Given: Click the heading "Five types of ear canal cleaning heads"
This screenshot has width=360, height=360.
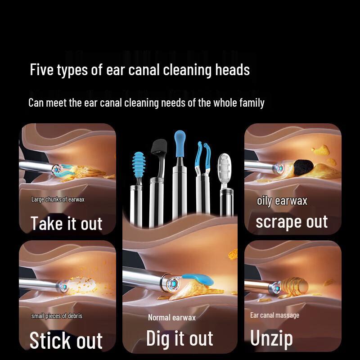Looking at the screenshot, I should pyautogui.click(x=139, y=70).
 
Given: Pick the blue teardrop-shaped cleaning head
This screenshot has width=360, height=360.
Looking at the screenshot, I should pyautogui.click(x=179, y=142).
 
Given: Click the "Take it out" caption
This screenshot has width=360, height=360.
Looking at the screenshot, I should pyautogui.click(x=67, y=223).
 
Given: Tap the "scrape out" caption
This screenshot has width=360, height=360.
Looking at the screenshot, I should pyautogui.click(x=292, y=222).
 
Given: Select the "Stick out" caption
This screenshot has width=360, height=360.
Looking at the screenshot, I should pyautogui.click(x=66, y=340).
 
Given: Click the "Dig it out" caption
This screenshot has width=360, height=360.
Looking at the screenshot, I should pyautogui.click(x=180, y=338).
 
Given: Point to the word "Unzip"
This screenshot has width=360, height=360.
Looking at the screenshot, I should pyautogui.click(x=271, y=338).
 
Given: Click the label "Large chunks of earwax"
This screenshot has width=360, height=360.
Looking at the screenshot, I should pyautogui.click(x=58, y=199).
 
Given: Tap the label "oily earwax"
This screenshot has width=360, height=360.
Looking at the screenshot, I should pyautogui.click(x=282, y=201).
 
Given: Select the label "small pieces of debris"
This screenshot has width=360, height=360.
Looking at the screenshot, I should pyautogui.click(x=57, y=316).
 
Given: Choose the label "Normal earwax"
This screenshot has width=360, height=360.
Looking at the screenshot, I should pyautogui.click(x=172, y=318).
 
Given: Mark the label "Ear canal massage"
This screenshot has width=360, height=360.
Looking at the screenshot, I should pyautogui.click(x=274, y=315).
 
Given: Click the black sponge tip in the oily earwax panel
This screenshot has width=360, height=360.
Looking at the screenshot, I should pyautogui.click(x=298, y=169).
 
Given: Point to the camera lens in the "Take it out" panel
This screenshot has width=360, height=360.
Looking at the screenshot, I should pyautogui.click(x=57, y=169).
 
